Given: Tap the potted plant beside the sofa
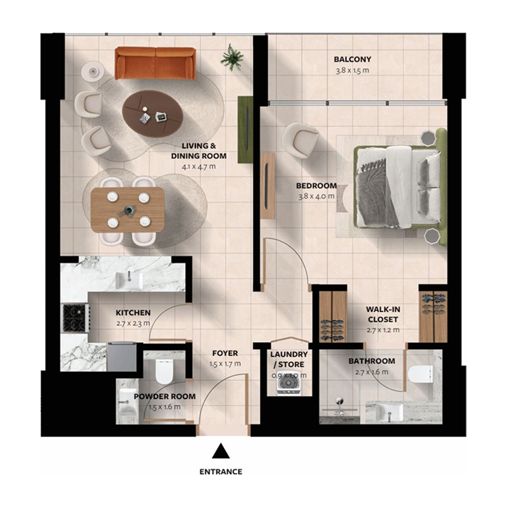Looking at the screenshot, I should [x=232, y=58].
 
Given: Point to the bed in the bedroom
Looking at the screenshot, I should [x=398, y=187].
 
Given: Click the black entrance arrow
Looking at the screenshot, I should [x=220, y=450].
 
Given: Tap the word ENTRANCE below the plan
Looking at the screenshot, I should [x=221, y=472].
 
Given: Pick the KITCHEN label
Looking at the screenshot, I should [x=133, y=312].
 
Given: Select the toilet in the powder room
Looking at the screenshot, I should [x=163, y=371].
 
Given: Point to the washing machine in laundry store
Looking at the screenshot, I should [x=288, y=383].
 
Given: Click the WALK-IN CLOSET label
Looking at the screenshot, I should [x=383, y=314].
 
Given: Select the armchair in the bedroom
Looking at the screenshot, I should [x=300, y=138].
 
